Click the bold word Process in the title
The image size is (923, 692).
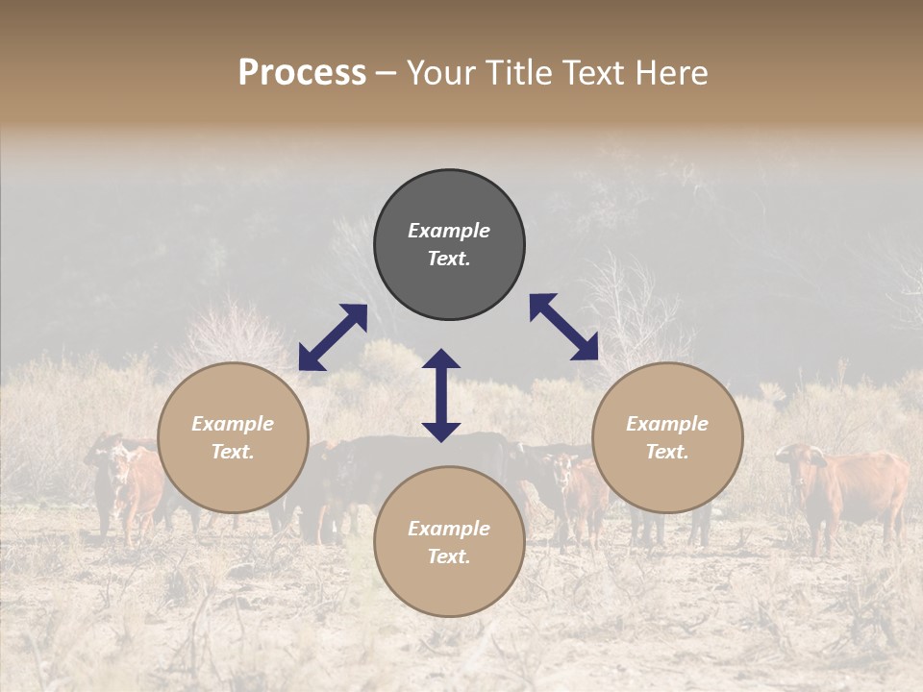(302, 73)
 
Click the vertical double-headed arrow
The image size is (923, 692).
(441, 395)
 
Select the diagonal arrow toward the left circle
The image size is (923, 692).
(333, 337)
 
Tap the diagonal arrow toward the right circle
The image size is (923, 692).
(564, 327)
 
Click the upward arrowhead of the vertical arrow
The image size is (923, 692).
(441, 358)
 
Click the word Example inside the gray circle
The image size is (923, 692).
(449, 231)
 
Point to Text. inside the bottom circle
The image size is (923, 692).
(449, 556)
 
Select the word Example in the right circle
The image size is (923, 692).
(667, 424)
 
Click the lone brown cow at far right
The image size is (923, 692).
(846, 490)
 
